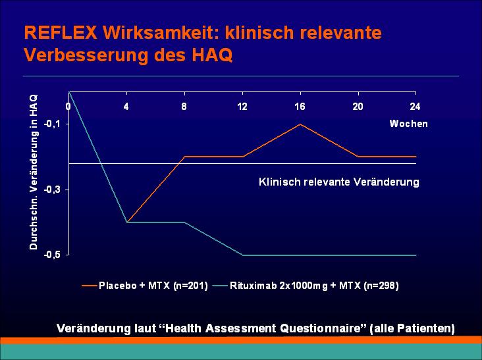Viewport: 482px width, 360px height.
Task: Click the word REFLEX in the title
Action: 61,32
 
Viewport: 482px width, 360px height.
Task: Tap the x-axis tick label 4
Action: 126,107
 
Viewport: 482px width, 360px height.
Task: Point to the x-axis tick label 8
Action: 184,107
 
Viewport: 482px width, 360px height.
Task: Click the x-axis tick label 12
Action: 242,107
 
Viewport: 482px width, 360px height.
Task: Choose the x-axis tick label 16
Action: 300,107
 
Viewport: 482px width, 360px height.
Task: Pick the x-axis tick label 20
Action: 358,107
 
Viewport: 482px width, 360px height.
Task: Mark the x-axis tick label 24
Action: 415,107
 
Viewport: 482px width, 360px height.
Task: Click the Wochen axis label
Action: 408,124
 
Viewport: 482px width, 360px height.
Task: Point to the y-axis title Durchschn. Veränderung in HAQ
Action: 34,172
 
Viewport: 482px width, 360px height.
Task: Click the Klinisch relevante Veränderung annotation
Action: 339,182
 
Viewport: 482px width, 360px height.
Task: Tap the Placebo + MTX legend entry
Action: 145,286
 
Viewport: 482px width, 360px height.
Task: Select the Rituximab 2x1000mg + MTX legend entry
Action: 306,286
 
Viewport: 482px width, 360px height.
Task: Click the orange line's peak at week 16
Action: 300,124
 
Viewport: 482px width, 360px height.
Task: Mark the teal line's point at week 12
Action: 242,255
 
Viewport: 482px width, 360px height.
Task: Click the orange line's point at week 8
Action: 184,157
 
